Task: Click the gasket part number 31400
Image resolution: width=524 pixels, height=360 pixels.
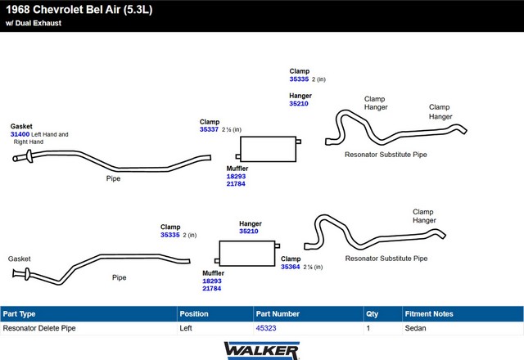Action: coord(20,134)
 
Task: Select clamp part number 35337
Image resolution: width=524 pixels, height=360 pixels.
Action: coord(209,129)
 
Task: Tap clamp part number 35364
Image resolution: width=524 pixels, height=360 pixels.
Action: coord(290,267)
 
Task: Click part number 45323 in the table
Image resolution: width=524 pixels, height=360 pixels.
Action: coord(266,328)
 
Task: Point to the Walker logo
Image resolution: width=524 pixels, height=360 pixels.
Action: coord(262,351)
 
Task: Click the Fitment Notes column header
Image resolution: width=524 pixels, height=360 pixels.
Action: coord(429,314)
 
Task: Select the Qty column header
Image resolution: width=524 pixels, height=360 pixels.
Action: coord(372,314)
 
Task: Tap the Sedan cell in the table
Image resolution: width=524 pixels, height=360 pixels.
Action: coord(415,328)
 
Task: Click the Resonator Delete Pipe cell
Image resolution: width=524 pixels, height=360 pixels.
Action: coord(39,328)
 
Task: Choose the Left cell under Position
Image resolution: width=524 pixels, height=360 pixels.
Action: coord(186,328)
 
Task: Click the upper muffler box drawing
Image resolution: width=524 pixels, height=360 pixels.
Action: coord(268,149)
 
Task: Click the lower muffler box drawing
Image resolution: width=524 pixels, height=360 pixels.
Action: coord(247,254)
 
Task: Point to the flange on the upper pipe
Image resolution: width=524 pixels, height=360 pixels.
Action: coord(29,156)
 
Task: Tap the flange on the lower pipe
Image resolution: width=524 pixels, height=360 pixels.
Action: coord(27,274)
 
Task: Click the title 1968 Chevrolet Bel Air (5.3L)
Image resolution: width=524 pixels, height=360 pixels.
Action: coord(79,9)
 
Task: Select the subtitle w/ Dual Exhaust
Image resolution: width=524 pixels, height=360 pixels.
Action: coord(34,23)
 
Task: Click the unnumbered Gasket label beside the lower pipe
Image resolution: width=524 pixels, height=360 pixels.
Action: coord(19,259)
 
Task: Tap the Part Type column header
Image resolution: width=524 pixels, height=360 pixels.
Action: coord(19,314)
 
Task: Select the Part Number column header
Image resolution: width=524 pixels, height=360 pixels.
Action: coord(278,314)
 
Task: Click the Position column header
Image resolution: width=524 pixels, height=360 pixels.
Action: coord(194,314)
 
